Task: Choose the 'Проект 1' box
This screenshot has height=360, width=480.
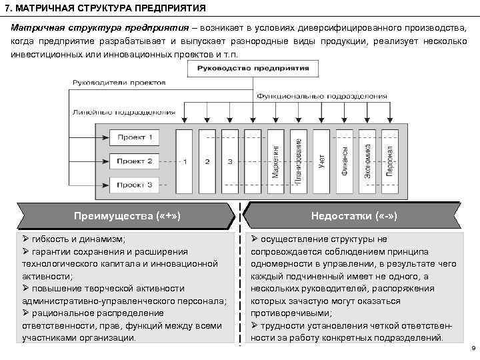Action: [x=135, y=138]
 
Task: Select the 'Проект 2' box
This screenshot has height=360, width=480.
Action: [x=135, y=161]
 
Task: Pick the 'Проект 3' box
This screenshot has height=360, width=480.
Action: [x=135, y=184]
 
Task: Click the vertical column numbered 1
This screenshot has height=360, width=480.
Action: [x=184, y=161]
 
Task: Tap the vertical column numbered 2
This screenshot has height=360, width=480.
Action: [x=207, y=161]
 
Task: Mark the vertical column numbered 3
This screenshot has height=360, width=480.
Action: [x=230, y=161]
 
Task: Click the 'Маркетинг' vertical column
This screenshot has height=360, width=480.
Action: [x=275, y=161]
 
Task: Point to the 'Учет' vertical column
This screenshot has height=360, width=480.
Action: [x=321, y=161]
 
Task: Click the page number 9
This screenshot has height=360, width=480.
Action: [x=472, y=349]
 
